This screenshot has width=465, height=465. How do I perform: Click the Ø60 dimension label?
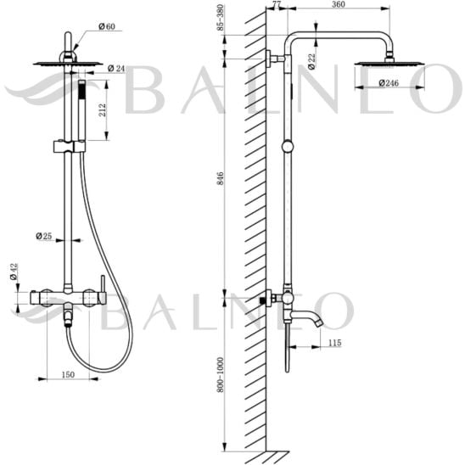click(x=107, y=26)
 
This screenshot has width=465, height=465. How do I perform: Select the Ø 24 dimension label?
click(x=116, y=69)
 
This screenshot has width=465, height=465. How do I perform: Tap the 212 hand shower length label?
click(x=102, y=110)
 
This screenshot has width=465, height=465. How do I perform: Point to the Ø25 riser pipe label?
click(x=43, y=236)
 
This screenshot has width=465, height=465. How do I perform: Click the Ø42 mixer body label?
click(x=14, y=272)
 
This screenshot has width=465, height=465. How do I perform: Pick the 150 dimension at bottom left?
click(x=68, y=374)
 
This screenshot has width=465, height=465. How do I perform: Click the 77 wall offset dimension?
click(x=277, y=4)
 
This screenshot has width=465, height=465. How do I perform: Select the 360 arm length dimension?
click(x=339, y=4)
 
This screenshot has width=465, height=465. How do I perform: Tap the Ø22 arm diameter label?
click(x=311, y=61)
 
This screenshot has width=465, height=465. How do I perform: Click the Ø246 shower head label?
click(x=389, y=83)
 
